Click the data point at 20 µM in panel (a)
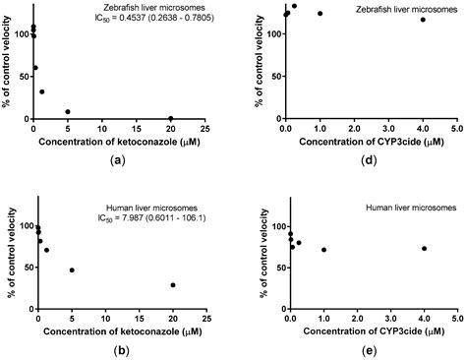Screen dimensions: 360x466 (170, 119)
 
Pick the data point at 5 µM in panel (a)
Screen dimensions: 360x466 (68, 112)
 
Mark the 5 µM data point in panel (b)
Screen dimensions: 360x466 (72, 270)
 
